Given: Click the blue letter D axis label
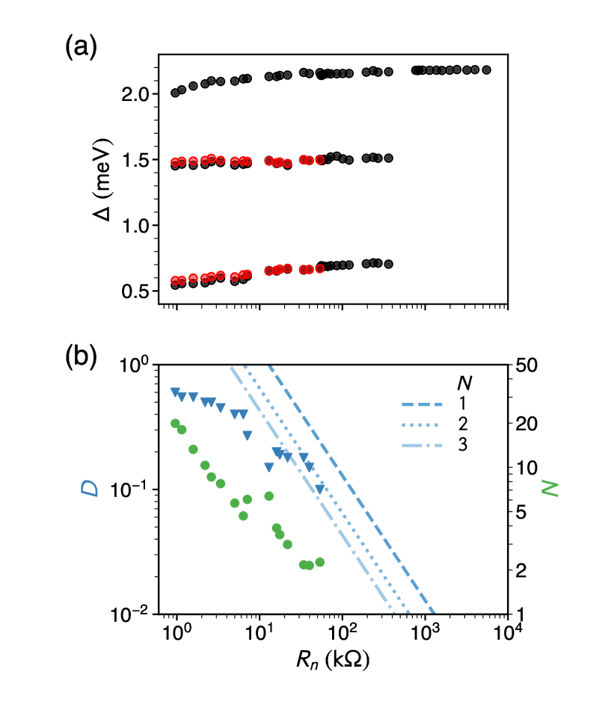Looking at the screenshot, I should (x=90, y=487).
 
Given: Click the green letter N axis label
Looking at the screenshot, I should (x=550, y=487).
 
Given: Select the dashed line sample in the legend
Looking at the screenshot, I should (x=422, y=404).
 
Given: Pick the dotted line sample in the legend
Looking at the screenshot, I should (x=420, y=425).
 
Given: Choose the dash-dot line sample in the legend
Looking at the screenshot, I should (x=422, y=445).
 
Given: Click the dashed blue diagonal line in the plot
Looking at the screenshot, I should (x=351, y=490).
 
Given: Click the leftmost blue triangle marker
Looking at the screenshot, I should (x=176, y=392).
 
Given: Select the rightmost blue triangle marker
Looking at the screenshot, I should (x=320, y=489).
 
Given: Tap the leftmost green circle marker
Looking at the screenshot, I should (x=175, y=423).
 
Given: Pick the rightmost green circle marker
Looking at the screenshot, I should (x=320, y=562).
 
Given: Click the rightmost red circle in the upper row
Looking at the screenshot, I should (x=320, y=160).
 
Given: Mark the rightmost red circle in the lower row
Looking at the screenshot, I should (x=320, y=269).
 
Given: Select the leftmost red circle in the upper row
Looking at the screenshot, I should (x=175, y=162).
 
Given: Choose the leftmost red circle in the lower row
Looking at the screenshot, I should (x=175, y=281).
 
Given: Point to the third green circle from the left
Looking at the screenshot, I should (x=193, y=449).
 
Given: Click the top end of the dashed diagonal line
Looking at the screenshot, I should (x=270, y=367).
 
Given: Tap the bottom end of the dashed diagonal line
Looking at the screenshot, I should (x=433, y=611).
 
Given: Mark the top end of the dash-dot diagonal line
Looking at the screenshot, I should (x=232, y=368).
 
